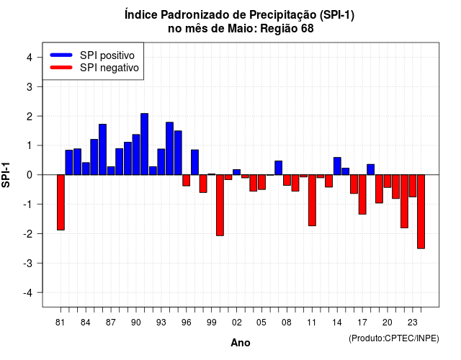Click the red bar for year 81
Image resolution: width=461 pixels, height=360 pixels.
coord(61,202)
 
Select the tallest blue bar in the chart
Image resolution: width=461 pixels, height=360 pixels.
coord(144,144)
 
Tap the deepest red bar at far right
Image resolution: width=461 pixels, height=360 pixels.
coord(421,212)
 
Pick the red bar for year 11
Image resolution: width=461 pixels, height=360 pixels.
coord(312,200)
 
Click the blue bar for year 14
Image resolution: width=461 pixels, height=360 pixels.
coord(337,166)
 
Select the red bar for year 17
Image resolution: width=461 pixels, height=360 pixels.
coord(362,194)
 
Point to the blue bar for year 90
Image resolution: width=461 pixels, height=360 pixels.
coord(136,155)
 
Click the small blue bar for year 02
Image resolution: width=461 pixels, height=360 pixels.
coord(237,172)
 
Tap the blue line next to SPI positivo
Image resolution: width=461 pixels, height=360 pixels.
coord(61,55)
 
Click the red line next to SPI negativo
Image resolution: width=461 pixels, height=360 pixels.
coord(61,67)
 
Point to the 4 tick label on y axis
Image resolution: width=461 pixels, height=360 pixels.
coord(30,58)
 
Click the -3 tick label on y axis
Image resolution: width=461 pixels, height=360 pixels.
coord(27,263)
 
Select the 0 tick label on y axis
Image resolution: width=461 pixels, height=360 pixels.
coord(30,175)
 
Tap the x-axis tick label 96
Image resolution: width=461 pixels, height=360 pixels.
coord(186,323)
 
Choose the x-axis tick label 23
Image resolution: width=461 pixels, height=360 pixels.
coord(412,323)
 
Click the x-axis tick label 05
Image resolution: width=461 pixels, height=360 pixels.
coord(261,323)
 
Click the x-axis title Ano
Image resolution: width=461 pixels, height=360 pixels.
coord(241,343)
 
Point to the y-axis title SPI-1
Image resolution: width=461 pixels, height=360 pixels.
coord(6,175)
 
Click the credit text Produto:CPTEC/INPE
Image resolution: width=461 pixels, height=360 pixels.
coord(394,338)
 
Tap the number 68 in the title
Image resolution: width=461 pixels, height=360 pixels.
coord(308,29)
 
